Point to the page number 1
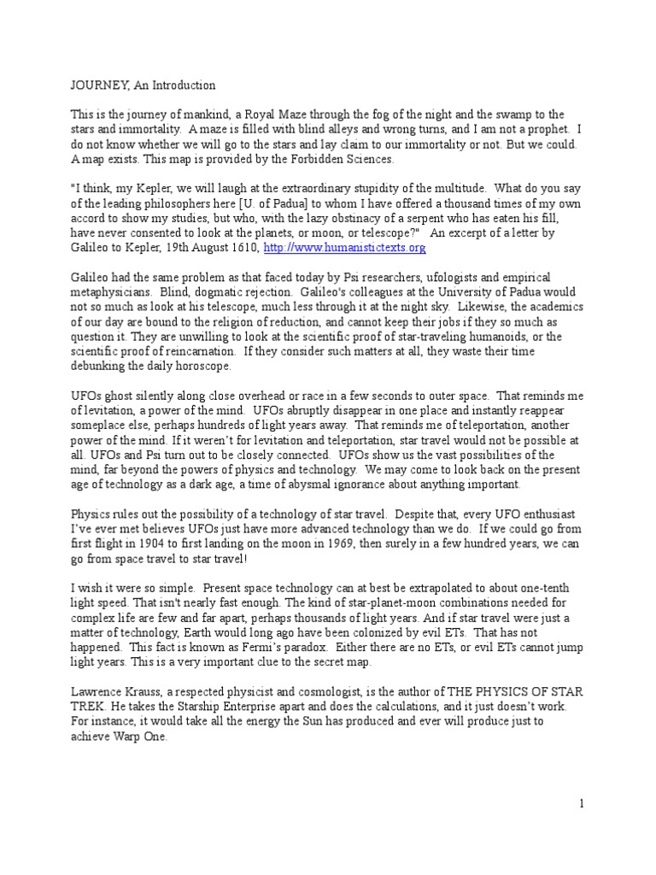pyautogui.click(x=582, y=803)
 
